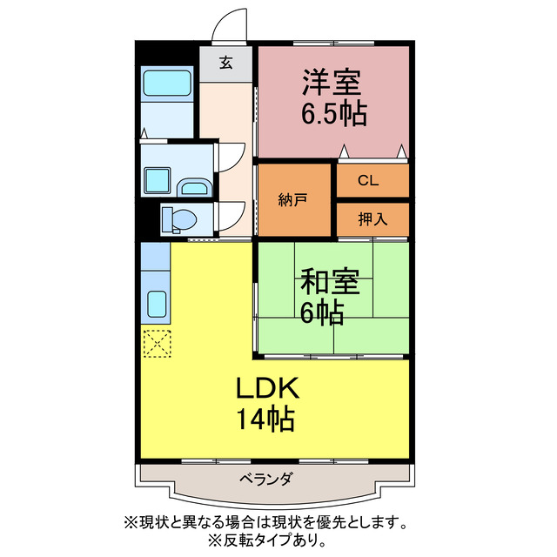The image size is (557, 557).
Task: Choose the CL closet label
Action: pos(367,181)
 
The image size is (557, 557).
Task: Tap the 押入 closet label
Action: pos(372,219)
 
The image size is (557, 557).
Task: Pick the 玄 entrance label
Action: pos(225,63)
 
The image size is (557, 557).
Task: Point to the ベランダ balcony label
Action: pos(266,479)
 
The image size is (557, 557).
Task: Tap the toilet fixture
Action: pos(177,218)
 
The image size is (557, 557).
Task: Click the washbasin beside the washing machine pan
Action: pos(193,186)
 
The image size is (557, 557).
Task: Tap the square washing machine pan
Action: pos(158,180)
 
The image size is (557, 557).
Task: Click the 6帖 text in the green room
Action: pos(322,311)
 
